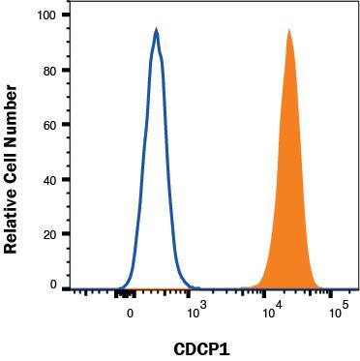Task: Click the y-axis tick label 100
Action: point(47,15)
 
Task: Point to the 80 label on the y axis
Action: point(50,70)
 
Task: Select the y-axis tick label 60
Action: point(50,125)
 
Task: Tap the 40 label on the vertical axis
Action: point(50,179)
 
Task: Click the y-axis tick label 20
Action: point(50,234)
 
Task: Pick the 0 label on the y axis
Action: point(53,286)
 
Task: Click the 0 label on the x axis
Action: point(130,314)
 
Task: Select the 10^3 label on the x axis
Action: point(196,310)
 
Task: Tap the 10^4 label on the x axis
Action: point(273,310)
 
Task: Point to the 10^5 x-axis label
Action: point(340,310)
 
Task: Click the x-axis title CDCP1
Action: point(201,349)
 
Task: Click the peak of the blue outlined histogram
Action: point(157,30)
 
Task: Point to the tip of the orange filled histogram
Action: point(289,30)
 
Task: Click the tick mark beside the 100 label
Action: point(66,15)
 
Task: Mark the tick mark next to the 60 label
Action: point(66,125)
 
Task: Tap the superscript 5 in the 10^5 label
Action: point(345,304)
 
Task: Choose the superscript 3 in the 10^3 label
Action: point(202,304)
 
